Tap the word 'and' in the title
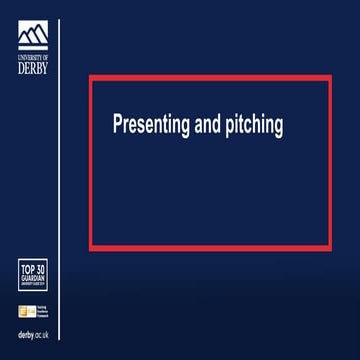209,125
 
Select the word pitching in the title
256,126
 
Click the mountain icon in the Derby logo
33,35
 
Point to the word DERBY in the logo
33,68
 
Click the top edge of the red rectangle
210,76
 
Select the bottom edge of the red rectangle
210,247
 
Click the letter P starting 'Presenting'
117,125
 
